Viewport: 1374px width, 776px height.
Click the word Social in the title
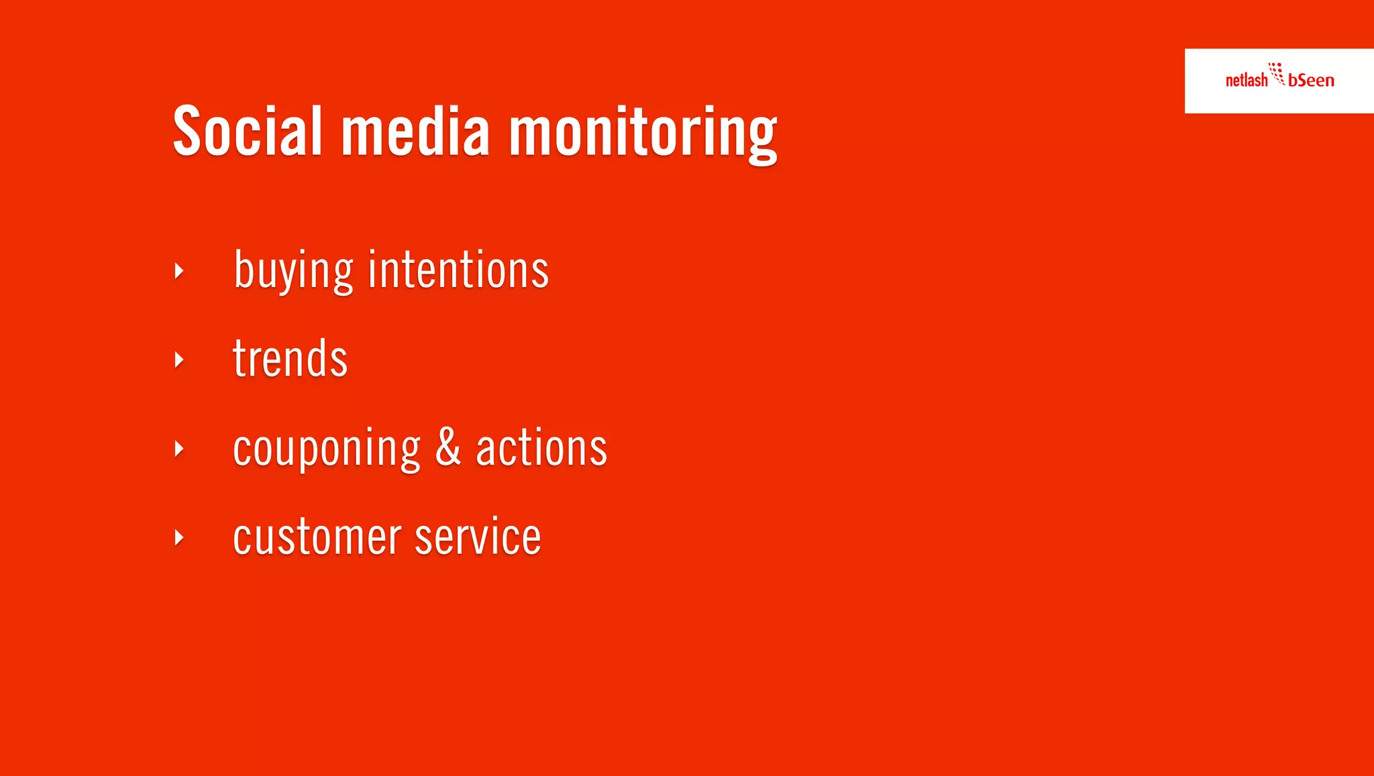pos(248,131)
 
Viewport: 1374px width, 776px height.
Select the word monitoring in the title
pos(643,134)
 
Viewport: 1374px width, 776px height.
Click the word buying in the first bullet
pos(293,271)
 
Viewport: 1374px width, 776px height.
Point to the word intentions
pos(458,270)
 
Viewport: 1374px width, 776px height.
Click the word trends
pos(290,359)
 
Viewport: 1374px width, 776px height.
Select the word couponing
pos(326,449)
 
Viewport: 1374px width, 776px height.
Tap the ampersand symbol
pos(448,447)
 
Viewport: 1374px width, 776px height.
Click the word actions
pos(541,448)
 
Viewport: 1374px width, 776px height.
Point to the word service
pos(478,537)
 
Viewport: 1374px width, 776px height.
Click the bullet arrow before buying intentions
pos(178,271)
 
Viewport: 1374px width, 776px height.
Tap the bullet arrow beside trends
pos(178,359)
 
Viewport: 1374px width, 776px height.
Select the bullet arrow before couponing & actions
pos(178,448)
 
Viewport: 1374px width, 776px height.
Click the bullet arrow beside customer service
pos(178,537)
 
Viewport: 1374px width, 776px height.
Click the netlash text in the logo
pos(1246,80)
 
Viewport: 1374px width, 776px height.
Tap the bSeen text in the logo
pos(1311,80)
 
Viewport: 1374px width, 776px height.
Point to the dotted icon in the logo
pos(1277,73)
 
